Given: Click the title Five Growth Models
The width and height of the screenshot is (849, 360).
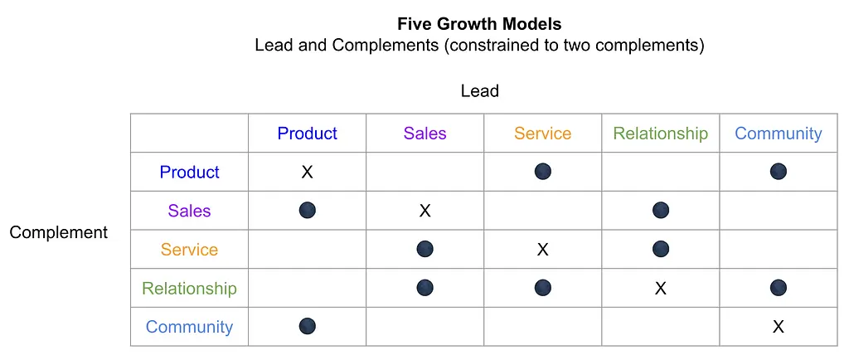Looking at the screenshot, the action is pyautogui.click(x=479, y=24).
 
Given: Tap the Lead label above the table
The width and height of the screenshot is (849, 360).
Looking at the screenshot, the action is pyautogui.click(x=480, y=91).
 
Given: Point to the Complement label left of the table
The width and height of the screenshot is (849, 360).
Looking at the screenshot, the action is pyautogui.click(x=59, y=232).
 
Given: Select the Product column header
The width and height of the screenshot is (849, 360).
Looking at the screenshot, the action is pyautogui.click(x=307, y=134).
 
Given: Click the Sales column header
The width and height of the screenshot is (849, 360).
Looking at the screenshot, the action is pyautogui.click(x=425, y=134).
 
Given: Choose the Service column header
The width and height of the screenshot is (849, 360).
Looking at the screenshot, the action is pyautogui.click(x=542, y=134).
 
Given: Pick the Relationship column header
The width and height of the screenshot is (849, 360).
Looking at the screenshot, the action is pyautogui.click(x=661, y=134).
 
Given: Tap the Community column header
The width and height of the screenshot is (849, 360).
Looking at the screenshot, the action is pyautogui.click(x=778, y=134).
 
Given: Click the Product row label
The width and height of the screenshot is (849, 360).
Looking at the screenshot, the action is pyautogui.click(x=190, y=173).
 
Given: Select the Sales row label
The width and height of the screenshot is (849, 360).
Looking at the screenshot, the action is pyautogui.click(x=190, y=211).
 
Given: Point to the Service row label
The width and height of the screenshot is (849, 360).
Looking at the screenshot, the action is pyautogui.click(x=190, y=250).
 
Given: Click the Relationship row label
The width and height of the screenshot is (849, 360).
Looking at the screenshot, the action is pyautogui.click(x=190, y=288).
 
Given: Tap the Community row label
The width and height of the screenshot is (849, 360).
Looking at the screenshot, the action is pyautogui.click(x=190, y=327).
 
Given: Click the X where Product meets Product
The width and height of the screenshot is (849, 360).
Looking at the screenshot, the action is pyautogui.click(x=307, y=173).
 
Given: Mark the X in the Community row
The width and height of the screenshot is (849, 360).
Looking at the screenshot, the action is pyautogui.click(x=778, y=327).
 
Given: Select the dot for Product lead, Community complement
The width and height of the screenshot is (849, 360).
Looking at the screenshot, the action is pyautogui.click(x=307, y=326).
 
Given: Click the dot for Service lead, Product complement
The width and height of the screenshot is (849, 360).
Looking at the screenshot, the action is pyautogui.click(x=542, y=172).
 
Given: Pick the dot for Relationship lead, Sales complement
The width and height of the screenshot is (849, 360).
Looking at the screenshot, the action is pyautogui.click(x=661, y=210).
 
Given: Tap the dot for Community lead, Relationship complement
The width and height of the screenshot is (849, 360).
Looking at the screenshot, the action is pyautogui.click(x=778, y=288).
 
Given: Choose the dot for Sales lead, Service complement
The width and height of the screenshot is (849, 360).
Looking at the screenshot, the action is pyautogui.click(x=425, y=249).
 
